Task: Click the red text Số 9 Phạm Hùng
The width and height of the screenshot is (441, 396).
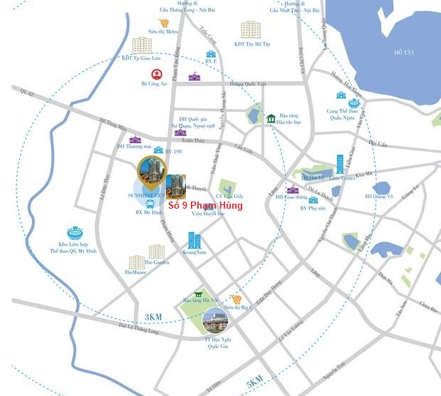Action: tap(204, 206)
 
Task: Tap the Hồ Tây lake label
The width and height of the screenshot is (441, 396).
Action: tap(405, 52)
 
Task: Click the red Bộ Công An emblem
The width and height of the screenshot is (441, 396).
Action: tap(155, 73)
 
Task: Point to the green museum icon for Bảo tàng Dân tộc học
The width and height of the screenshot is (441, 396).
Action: tap(271, 118)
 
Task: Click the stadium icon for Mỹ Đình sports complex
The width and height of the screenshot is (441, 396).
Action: tap(75, 234)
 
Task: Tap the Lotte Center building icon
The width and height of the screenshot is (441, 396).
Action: tap(340, 163)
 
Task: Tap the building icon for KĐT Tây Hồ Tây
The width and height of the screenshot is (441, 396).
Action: tap(250, 30)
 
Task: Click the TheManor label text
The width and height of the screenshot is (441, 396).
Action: tap(135, 272)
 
